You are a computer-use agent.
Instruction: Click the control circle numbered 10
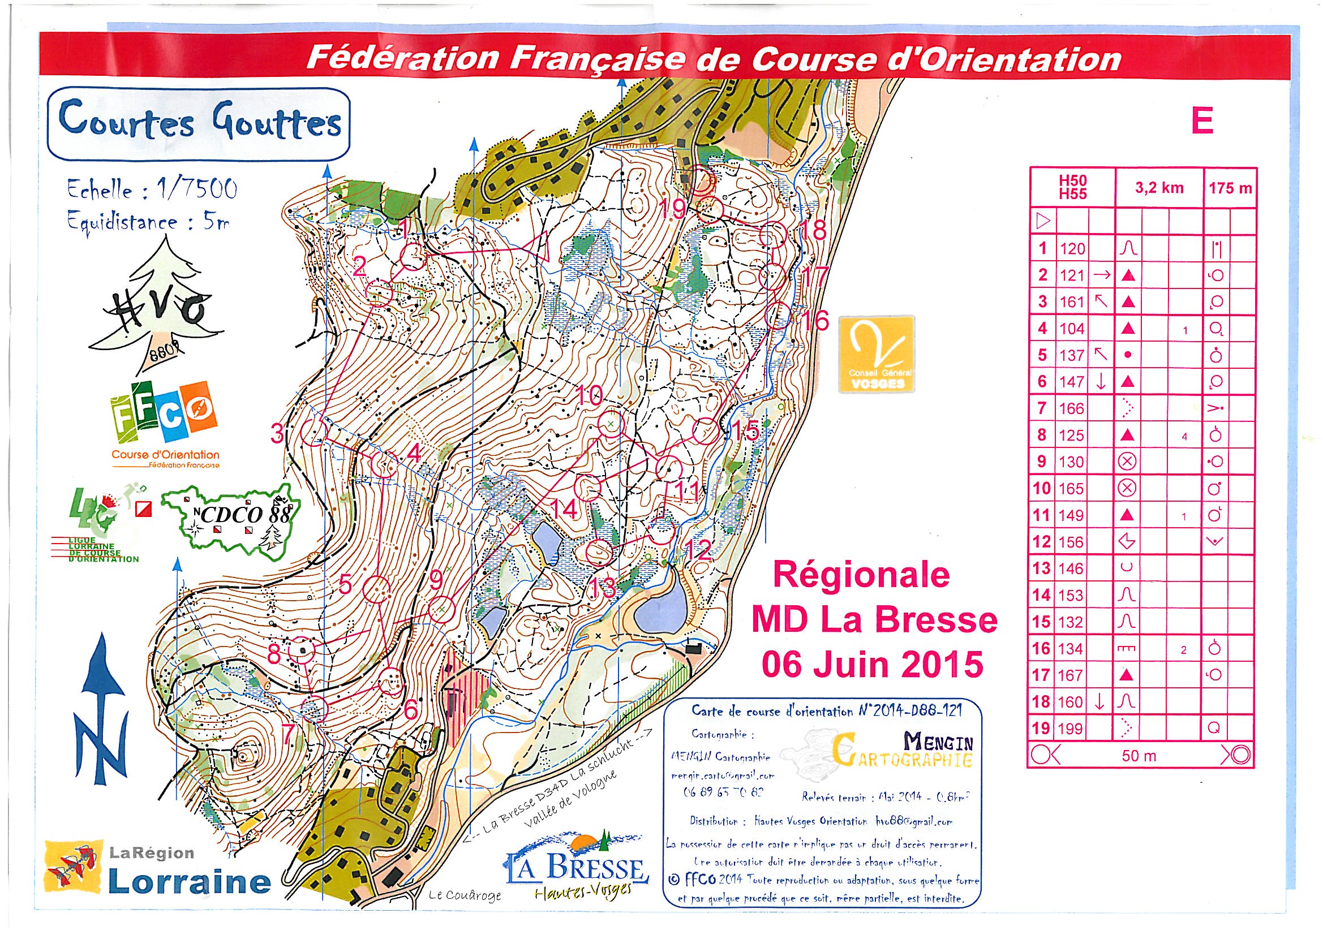[x=610, y=425]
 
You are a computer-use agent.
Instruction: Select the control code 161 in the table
[x=1072, y=302]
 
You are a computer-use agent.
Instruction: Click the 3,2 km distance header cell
[x=1159, y=188]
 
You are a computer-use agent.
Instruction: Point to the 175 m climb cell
[x=1230, y=188]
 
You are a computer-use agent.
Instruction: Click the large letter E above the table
[x=1202, y=122]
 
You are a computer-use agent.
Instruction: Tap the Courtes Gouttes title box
[x=198, y=123]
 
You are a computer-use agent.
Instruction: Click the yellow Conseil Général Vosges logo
[x=876, y=354]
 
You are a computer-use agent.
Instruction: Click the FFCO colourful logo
[x=164, y=416]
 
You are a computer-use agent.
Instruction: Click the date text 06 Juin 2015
[x=873, y=664]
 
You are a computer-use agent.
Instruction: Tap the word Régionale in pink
[x=861, y=575]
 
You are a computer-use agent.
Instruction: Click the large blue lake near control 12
[x=660, y=612]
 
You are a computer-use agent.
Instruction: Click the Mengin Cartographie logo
[x=905, y=751]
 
